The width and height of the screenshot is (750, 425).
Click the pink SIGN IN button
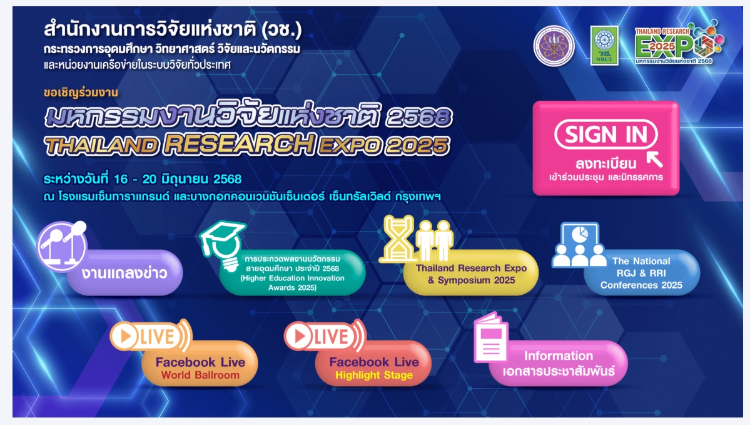pyautogui.click(x=606, y=148)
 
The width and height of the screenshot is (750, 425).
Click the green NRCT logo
pyautogui.click(x=604, y=46)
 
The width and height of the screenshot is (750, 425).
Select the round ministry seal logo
pyautogui.click(x=554, y=46)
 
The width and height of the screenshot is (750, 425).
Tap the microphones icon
pyautogui.click(x=62, y=245)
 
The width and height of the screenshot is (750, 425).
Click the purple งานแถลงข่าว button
pyautogui.click(x=124, y=273)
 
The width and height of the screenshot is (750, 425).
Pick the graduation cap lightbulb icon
pyautogui.click(x=223, y=245)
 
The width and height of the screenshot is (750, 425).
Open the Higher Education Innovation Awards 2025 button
pyautogui.click(x=292, y=273)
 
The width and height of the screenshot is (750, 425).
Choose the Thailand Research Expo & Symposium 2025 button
pyautogui.click(x=471, y=274)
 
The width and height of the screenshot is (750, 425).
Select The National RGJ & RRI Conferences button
pyautogui.click(x=641, y=273)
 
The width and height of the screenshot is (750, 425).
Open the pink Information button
pyautogui.click(x=558, y=364)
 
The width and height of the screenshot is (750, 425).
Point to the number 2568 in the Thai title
pyautogui.click(x=419, y=117)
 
